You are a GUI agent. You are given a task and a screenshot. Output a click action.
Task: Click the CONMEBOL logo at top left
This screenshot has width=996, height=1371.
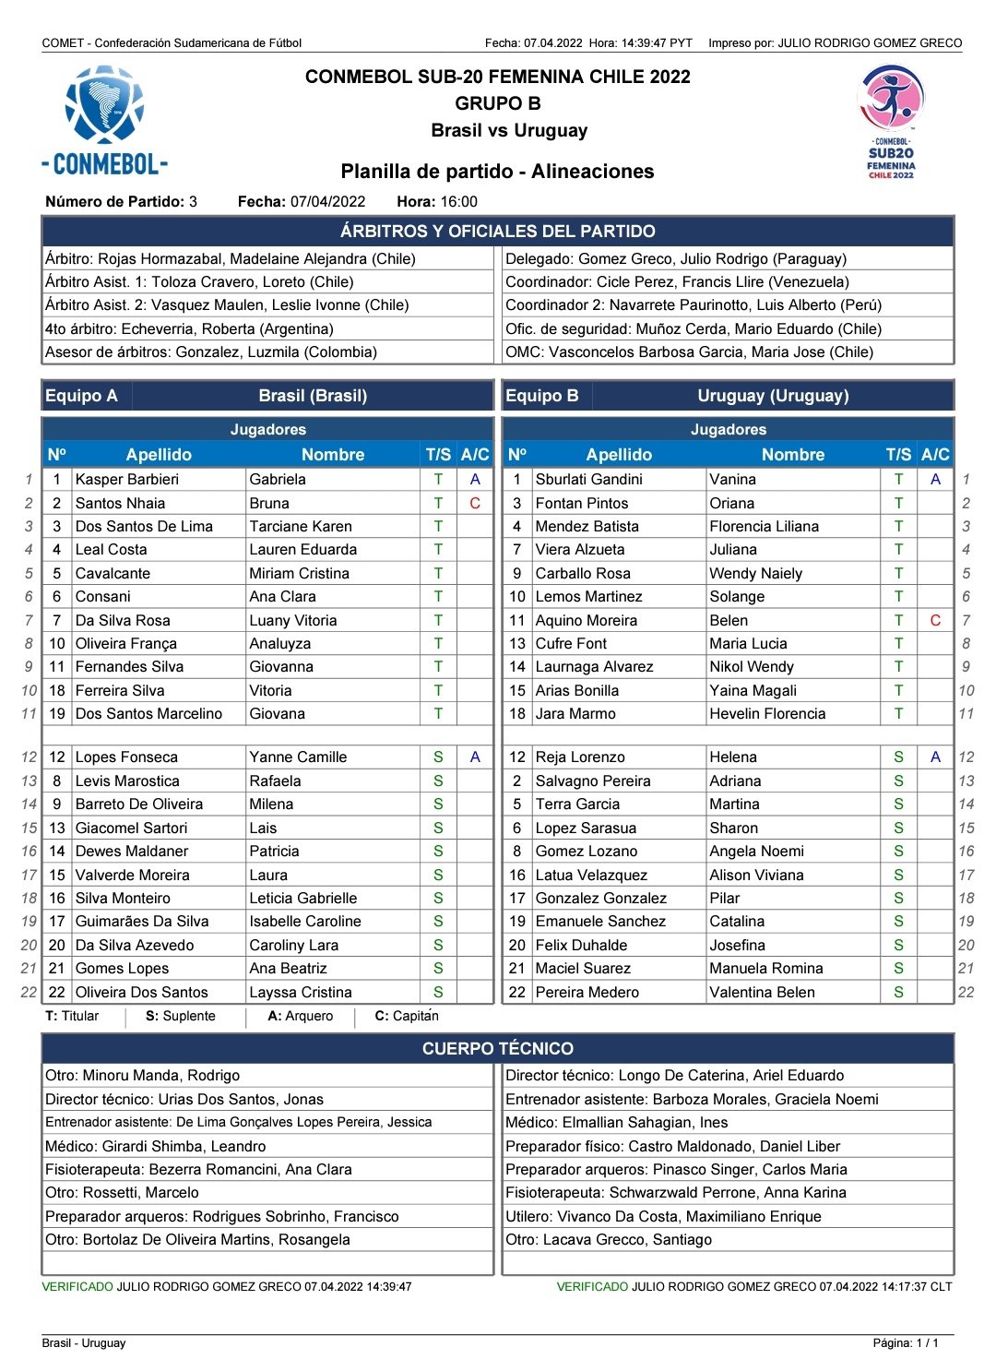[x=104, y=120]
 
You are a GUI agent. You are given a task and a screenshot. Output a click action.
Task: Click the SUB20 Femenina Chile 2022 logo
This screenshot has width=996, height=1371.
[x=891, y=121]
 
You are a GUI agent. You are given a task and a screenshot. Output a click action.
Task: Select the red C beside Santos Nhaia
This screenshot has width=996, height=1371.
[x=474, y=503]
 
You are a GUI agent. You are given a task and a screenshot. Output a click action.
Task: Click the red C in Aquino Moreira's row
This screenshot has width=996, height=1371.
[x=935, y=620]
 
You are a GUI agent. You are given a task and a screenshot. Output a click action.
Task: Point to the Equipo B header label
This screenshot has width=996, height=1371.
[x=542, y=396]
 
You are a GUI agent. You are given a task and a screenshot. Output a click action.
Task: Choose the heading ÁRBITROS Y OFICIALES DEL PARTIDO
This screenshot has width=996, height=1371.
[x=497, y=232]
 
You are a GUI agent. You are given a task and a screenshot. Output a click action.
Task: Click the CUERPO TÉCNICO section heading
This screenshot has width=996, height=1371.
[x=497, y=1048]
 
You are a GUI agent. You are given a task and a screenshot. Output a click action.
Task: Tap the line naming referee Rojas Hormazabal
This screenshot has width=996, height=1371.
[x=231, y=259]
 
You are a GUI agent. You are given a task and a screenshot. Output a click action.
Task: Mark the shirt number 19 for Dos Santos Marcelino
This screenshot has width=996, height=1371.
[x=57, y=713]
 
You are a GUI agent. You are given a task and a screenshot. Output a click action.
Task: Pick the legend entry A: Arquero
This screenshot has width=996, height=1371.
[x=300, y=1016]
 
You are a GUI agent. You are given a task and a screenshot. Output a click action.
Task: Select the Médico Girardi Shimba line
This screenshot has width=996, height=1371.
[x=156, y=1146]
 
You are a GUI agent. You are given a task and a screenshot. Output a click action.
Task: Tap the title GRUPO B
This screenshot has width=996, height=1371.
[x=497, y=103]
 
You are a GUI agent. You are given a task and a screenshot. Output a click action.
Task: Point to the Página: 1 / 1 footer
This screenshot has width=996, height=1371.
[x=905, y=1342]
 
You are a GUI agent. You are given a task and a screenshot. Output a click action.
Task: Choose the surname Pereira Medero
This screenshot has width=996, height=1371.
[x=587, y=992]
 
